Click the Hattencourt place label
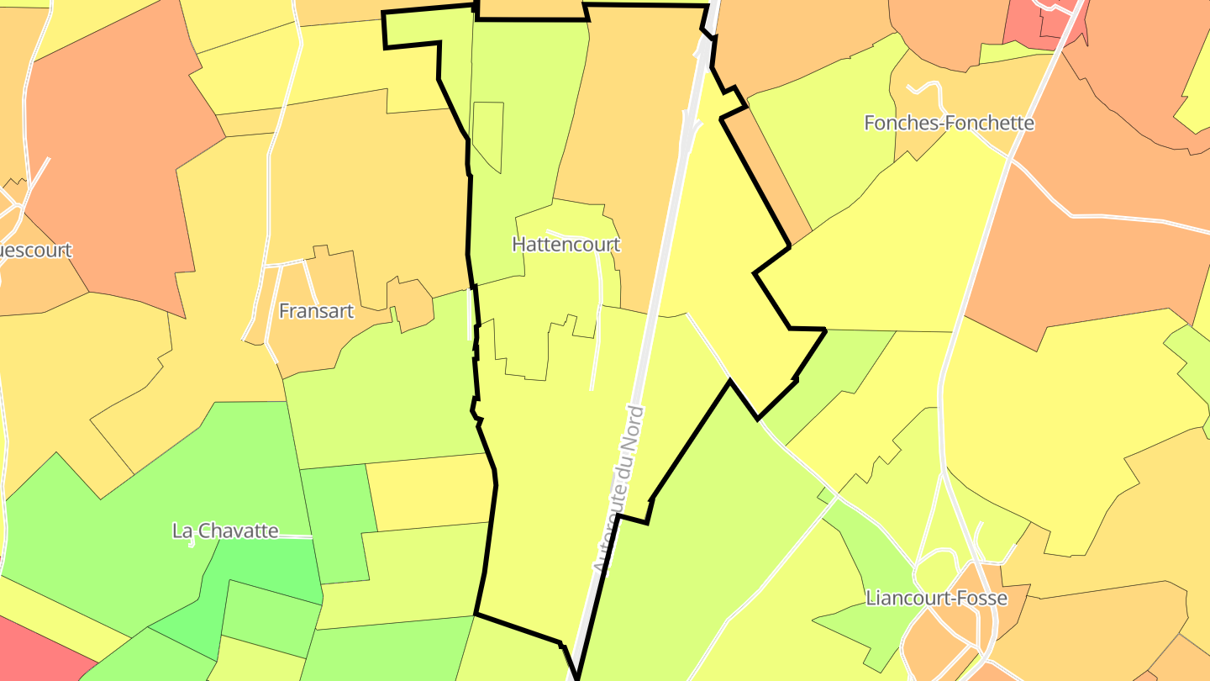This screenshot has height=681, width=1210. [566, 245]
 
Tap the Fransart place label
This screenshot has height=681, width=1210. [316, 311]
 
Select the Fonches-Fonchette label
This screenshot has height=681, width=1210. [949, 123]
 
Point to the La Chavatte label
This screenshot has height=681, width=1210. [224, 531]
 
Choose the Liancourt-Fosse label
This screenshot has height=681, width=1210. [936, 599]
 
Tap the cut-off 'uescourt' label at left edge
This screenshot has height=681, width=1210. [35, 251]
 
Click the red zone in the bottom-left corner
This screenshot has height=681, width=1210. [34, 652]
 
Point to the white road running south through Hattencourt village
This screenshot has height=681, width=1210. [597, 336]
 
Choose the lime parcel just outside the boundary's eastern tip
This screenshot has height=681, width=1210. [840, 362]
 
